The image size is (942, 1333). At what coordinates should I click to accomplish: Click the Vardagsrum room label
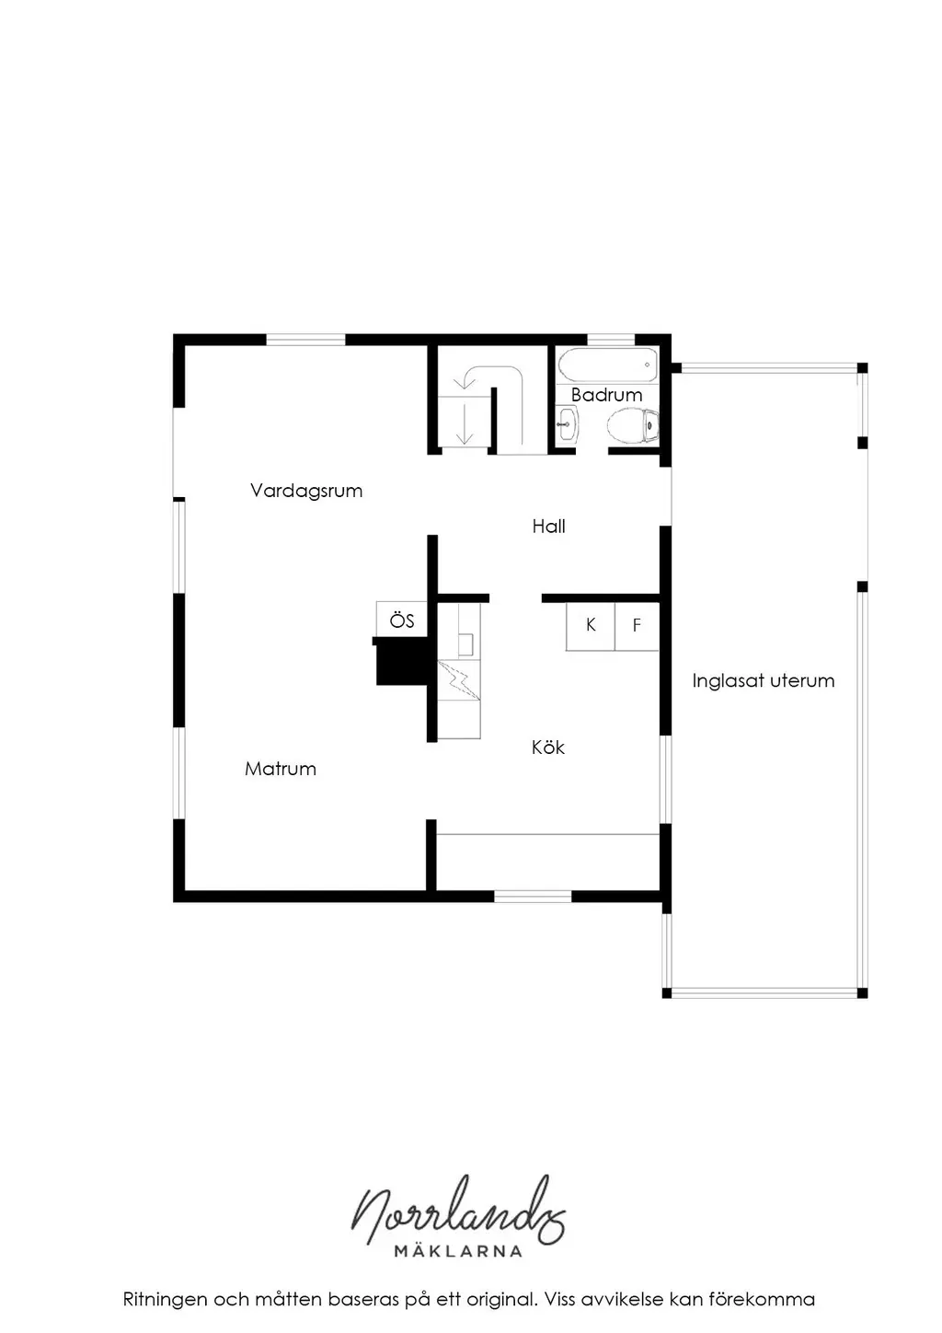tap(306, 491)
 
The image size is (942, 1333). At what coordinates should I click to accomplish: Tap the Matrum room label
tap(280, 769)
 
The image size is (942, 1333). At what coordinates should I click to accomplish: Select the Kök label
tap(547, 748)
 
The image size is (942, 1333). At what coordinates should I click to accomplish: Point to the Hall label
tap(548, 526)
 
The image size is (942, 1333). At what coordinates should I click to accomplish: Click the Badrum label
tap(606, 395)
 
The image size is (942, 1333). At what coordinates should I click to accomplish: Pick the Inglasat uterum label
tap(763, 680)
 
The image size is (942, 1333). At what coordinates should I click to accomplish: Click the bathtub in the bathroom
tap(607, 365)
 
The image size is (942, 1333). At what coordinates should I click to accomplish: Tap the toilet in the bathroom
tap(633, 425)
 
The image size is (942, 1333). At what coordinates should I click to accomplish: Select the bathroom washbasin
tap(567, 425)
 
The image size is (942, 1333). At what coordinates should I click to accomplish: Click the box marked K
tap(590, 626)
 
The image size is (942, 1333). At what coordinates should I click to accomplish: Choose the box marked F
tap(637, 626)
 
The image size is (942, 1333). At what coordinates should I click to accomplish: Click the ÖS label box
tap(401, 620)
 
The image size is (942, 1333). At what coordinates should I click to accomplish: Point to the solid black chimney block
tap(402, 661)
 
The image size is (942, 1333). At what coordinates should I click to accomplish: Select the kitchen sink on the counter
tap(465, 644)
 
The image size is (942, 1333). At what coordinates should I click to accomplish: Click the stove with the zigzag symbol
tap(459, 679)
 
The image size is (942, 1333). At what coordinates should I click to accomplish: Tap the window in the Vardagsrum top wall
tap(305, 340)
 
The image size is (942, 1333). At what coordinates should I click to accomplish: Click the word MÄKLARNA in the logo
tap(458, 1251)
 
